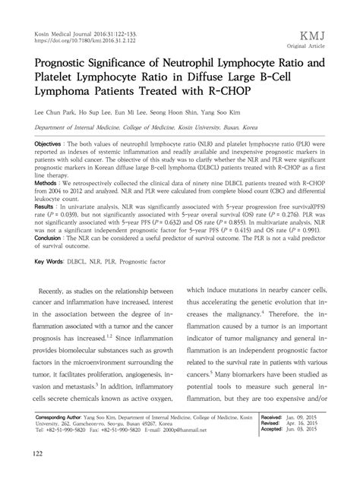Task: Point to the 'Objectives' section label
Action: click(x=52, y=142)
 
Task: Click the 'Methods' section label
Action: click(x=49, y=183)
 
